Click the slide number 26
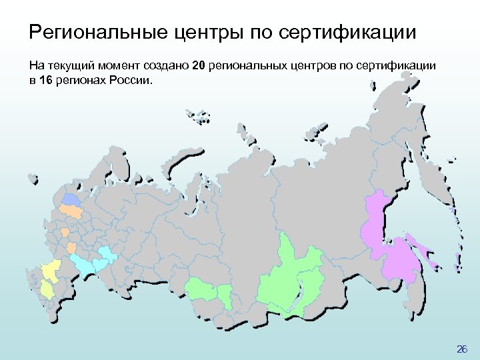coord(462,349)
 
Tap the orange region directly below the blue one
coord(70,211)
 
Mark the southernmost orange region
coord(71,248)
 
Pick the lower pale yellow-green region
coord(47,288)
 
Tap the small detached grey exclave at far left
coord(31,178)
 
